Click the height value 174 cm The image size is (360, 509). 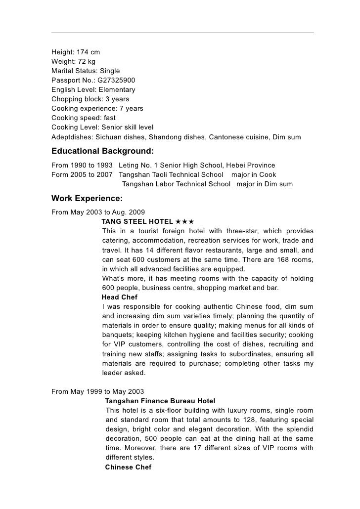tap(86, 52)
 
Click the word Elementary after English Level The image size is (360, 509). tap(117, 89)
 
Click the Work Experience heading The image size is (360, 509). tap(87, 199)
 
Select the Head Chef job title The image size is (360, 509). tap(119, 297)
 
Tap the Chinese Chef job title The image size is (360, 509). tap(129, 467)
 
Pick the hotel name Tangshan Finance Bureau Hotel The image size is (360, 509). tap(160, 401)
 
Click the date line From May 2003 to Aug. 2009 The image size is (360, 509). tap(98, 212)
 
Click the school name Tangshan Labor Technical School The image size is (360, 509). tap(176, 184)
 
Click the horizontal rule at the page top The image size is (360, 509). tap(182, 33)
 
